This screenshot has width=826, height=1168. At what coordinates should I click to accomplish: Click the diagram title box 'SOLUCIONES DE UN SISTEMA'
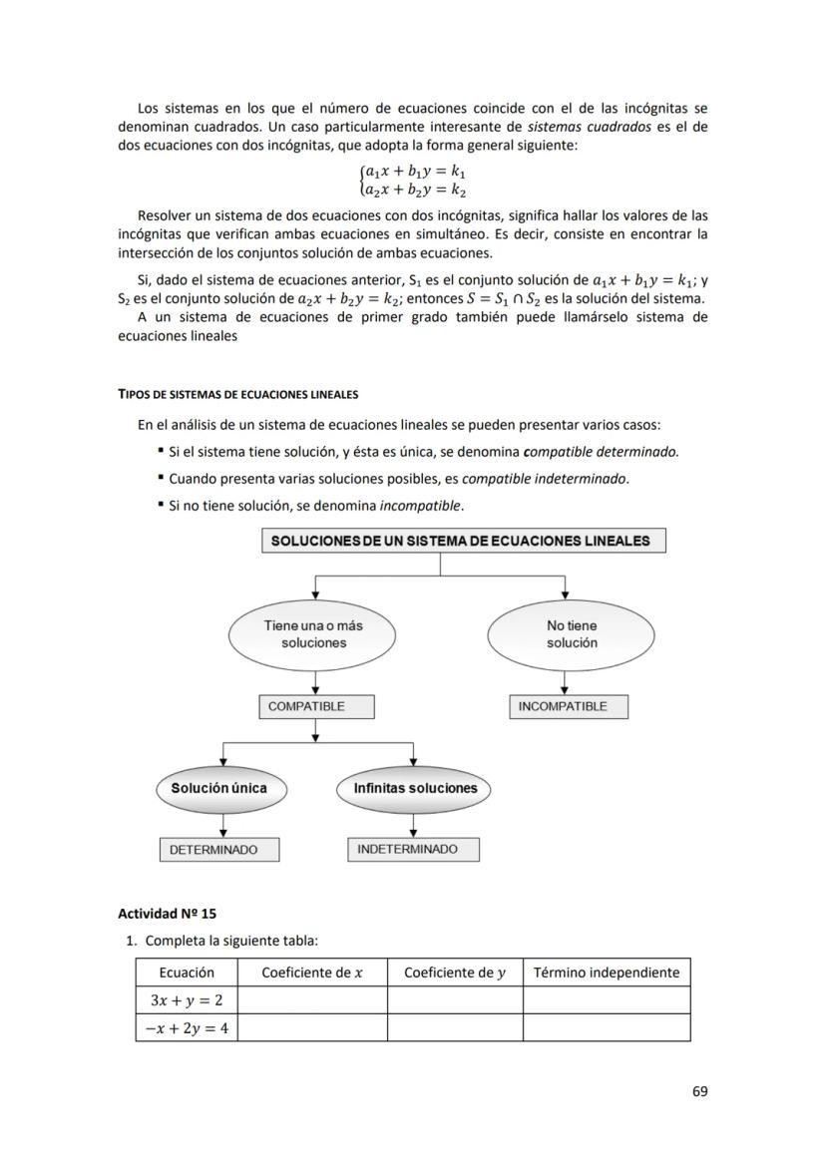coord(464,541)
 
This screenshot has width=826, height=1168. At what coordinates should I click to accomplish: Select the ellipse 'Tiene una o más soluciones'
coord(313,634)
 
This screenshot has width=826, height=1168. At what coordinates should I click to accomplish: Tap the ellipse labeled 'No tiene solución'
coord(571,634)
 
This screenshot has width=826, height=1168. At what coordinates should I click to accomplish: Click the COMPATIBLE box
coord(316,706)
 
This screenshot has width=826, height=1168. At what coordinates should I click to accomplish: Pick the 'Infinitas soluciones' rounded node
coord(415,788)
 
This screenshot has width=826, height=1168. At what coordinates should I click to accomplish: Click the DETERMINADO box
coord(219,850)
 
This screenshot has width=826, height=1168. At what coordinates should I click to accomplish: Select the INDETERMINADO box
coord(413,849)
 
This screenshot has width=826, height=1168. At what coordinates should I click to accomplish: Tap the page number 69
coord(699,1091)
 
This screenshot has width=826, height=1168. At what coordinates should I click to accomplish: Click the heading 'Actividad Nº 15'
coord(167,913)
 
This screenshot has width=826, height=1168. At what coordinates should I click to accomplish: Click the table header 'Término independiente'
coord(607,973)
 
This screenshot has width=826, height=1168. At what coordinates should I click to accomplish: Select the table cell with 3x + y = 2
coord(187,1000)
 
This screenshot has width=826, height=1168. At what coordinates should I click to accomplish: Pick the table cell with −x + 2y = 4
coord(187,1027)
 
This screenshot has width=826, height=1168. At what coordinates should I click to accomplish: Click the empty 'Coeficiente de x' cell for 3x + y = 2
coord(312,1000)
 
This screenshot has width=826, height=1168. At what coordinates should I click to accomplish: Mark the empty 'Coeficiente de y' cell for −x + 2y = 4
coord(455,1027)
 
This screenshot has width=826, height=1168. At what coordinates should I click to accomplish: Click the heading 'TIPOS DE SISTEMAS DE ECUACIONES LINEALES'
coord(237,395)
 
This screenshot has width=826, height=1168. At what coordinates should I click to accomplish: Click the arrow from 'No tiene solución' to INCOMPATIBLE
coord(566,683)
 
